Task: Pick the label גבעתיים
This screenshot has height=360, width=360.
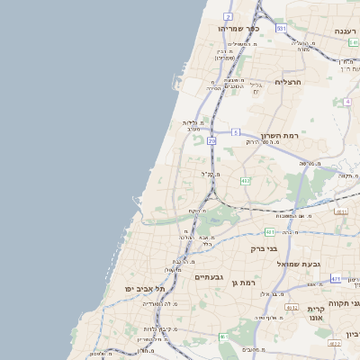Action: [211, 277]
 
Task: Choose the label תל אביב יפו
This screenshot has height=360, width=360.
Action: [147, 288]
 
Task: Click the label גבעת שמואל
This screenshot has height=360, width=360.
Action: [313, 264]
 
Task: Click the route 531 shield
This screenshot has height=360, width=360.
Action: [281, 29]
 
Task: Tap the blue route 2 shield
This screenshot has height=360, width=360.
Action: [229, 16]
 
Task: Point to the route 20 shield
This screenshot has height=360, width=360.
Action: [212, 140]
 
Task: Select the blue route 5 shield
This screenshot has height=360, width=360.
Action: [235, 132]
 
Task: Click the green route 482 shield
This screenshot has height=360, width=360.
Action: [246, 181]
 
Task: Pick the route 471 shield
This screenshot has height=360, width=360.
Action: [336, 279]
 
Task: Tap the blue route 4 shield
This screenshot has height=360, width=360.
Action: [347, 102]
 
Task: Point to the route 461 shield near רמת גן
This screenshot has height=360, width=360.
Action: [223, 337]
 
